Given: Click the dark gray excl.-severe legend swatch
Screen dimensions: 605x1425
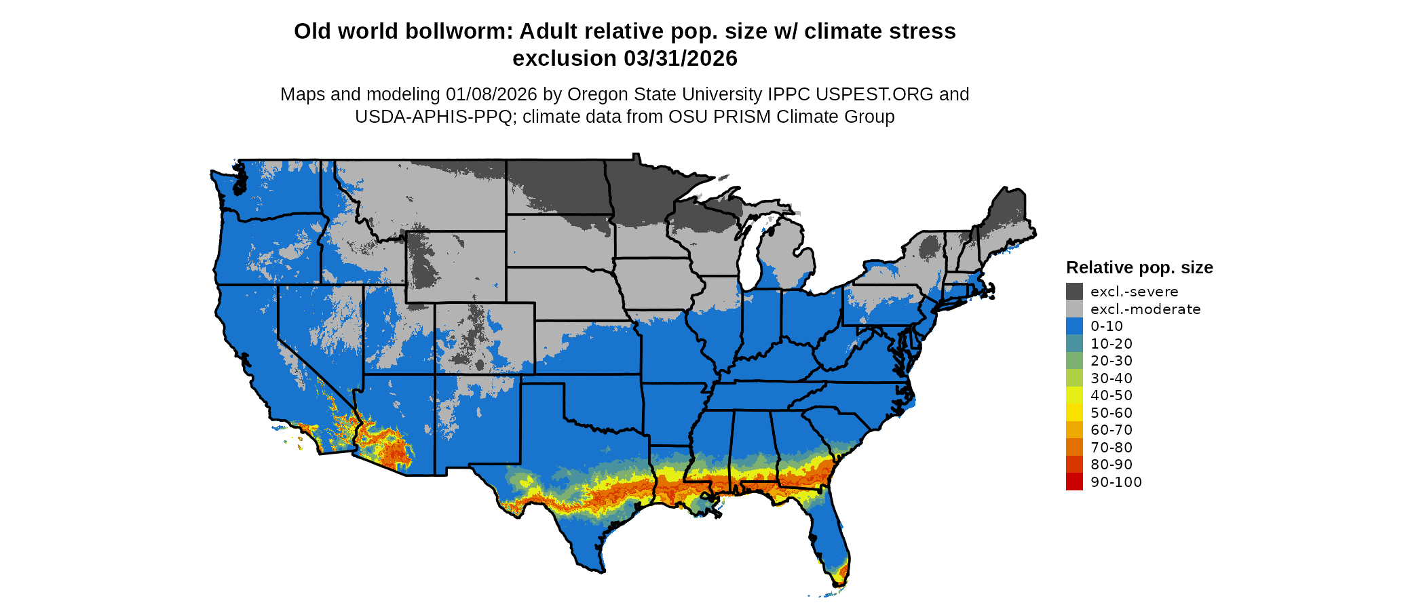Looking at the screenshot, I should [1074, 292].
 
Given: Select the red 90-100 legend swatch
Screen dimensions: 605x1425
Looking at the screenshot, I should [1074, 482].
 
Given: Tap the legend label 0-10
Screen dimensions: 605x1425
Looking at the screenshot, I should [1106, 326].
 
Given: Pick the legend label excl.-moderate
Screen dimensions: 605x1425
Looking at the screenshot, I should [1145, 309].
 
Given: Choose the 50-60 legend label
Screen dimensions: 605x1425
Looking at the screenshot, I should [1111, 412].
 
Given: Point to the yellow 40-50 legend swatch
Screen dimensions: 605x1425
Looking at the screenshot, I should [1074, 395].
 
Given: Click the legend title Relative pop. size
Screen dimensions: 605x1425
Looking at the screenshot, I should [1139, 267].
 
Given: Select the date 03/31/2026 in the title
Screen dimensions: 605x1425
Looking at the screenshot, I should [680, 59].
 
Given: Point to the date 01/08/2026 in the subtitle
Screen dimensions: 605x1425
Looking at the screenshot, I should [491, 94].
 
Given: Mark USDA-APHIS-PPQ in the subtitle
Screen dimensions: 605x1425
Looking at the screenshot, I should [433, 117].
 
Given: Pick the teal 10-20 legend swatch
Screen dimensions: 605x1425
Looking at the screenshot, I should [1074, 343].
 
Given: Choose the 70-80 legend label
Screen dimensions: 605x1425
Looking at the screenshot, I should [1111, 447].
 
